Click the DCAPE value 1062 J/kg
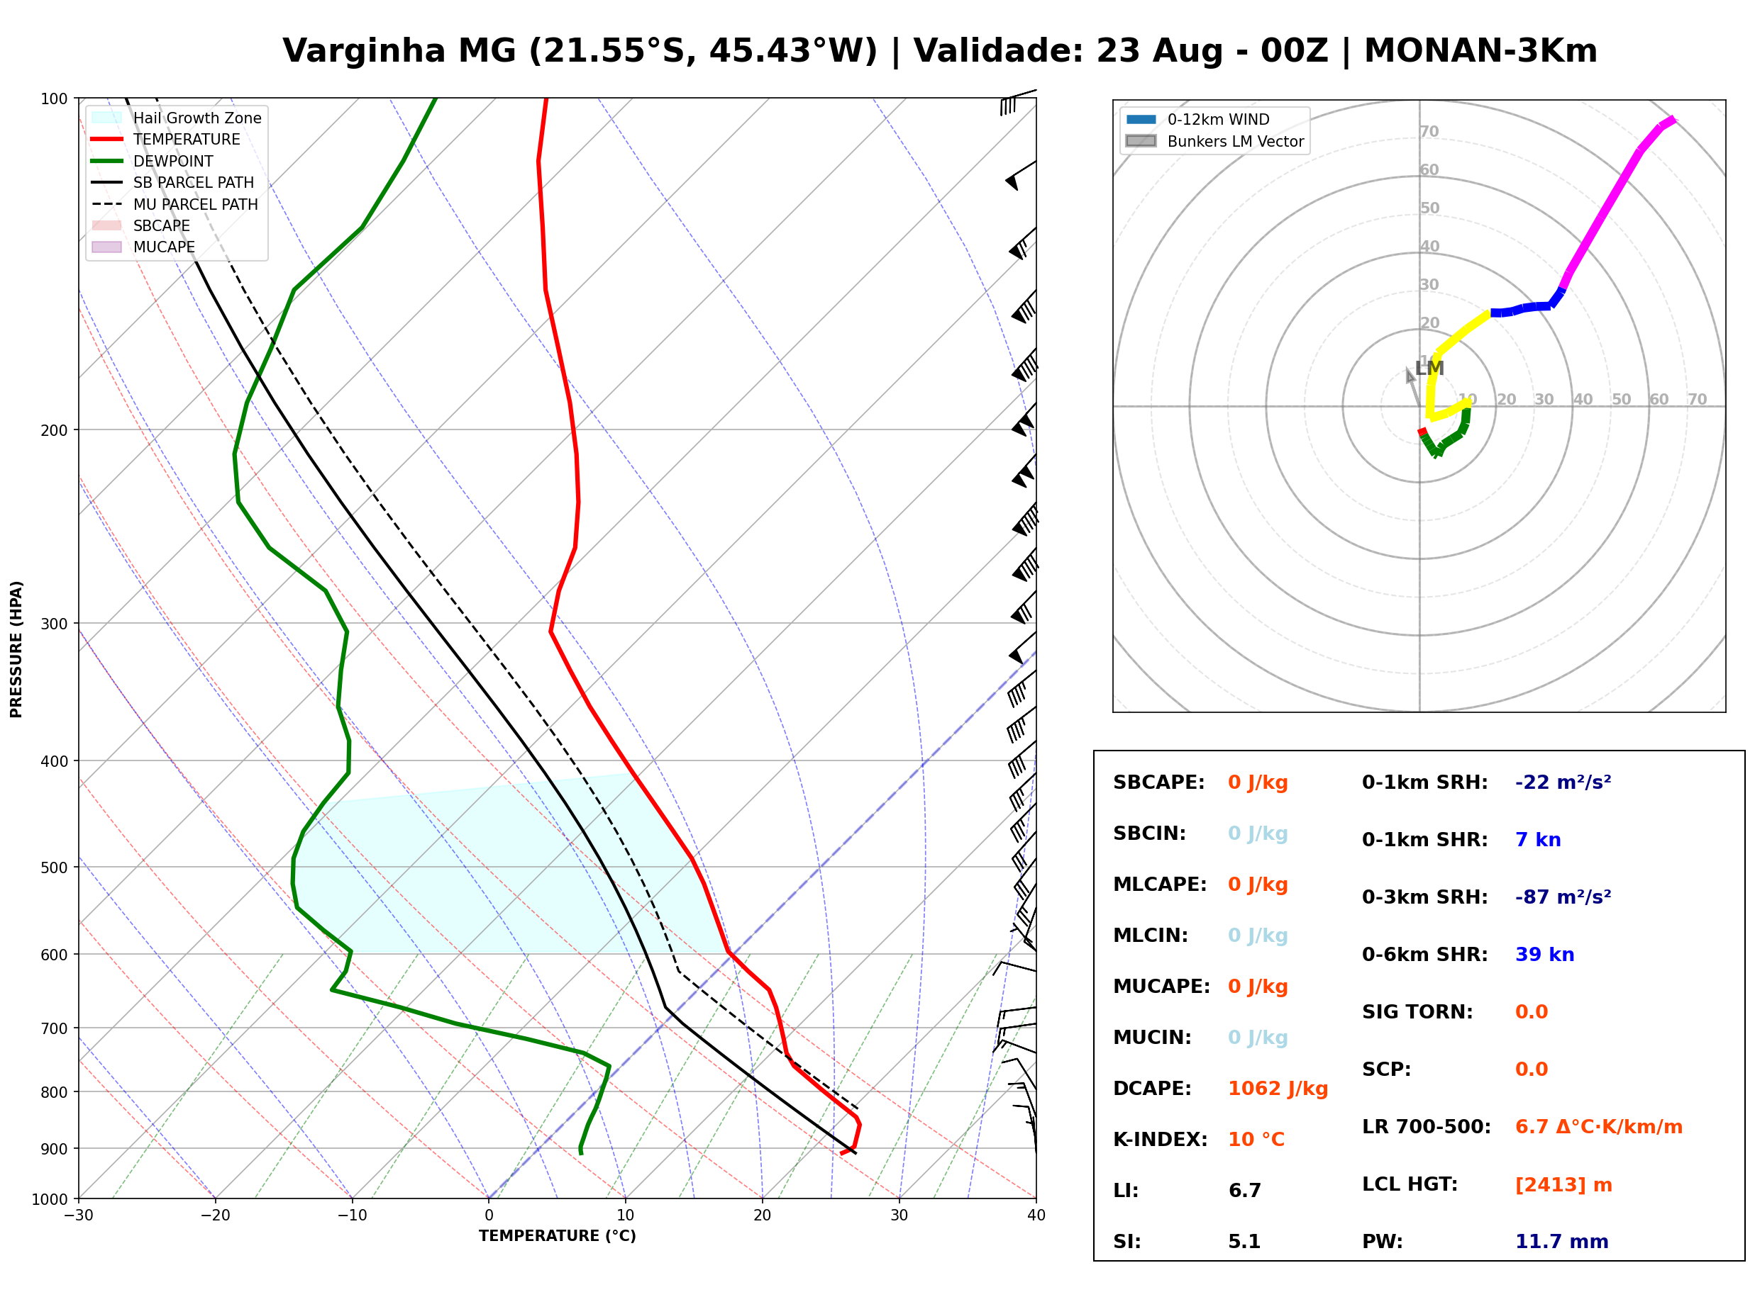click(x=1278, y=1089)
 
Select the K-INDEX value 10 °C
click(x=1256, y=1140)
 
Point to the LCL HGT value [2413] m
click(x=1563, y=1185)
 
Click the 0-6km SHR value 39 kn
click(x=1544, y=955)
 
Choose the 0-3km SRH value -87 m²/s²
click(x=1563, y=897)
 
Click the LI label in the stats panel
click(x=1126, y=1191)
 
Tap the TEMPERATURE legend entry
click(x=167, y=139)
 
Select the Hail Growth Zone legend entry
click(x=177, y=118)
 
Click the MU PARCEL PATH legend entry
click(x=175, y=204)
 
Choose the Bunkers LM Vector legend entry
click(x=1214, y=141)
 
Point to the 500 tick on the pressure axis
click(x=53, y=868)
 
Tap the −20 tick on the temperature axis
click(x=214, y=1215)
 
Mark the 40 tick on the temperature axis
click(x=1036, y=1215)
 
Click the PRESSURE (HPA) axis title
click(x=16, y=649)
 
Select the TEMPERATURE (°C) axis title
click(x=558, y=1236)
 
